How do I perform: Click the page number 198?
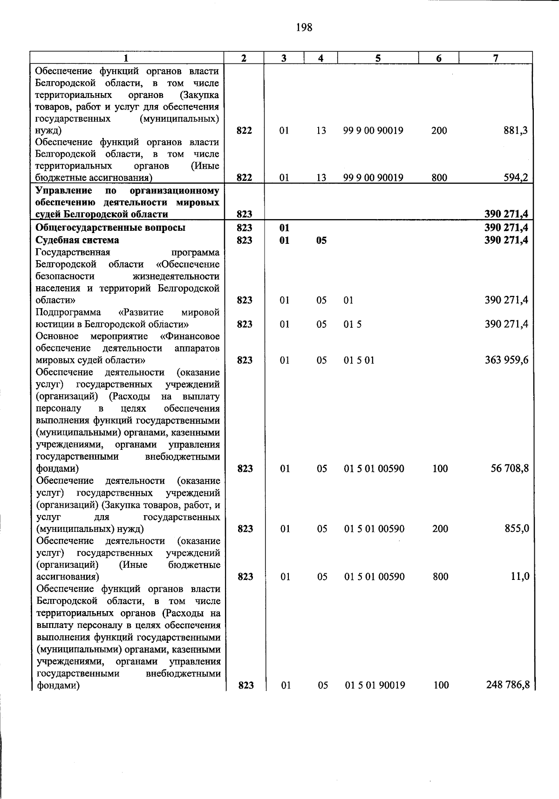(304, 28)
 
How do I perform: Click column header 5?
(378, 58)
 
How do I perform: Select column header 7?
(496, 58)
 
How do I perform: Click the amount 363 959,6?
(506, 360)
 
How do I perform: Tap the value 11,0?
(519, 577)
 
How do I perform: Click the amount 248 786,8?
(508, 685)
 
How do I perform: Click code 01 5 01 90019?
(375, 685)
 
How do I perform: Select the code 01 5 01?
(359, 360)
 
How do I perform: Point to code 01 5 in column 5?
(353, 324)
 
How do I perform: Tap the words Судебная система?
(77, 240)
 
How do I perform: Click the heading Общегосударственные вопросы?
(110, 227)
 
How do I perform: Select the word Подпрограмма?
(68, 312)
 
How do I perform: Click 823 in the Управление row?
(244, 214)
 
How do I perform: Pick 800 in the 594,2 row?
(439, 178)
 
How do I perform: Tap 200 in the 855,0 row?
(440, 529)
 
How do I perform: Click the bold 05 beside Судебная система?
(321, 241)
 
